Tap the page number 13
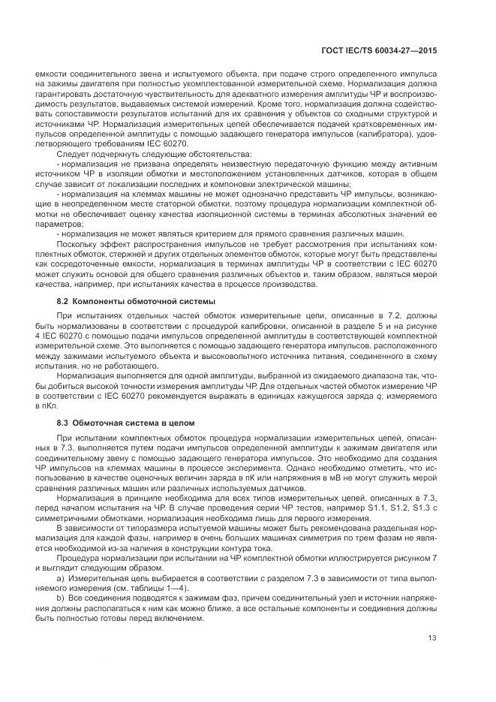(432, 639)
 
